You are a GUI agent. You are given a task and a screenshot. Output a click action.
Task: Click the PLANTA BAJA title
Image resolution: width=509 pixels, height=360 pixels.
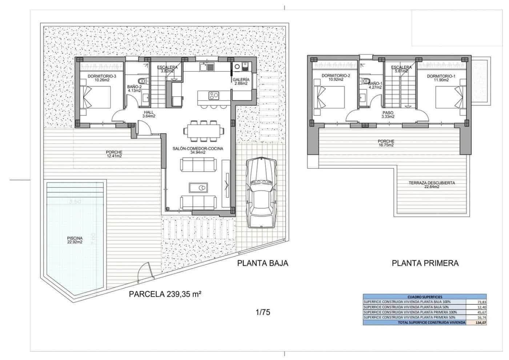coord(262,263)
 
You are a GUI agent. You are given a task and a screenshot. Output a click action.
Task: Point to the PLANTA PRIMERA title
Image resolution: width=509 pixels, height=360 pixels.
coord(425,263)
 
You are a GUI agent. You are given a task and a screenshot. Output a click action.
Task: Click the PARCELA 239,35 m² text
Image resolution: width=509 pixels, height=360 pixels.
coord(165,294)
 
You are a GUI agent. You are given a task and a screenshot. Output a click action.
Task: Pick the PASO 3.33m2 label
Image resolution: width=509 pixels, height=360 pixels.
coord(388,115)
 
